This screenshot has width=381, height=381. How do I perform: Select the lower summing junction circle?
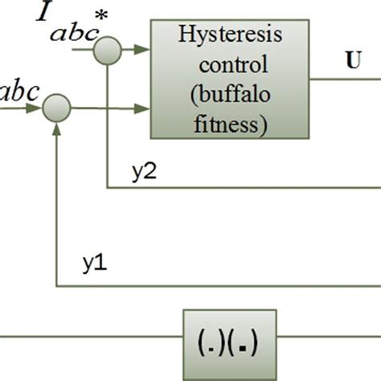tap(56, 105)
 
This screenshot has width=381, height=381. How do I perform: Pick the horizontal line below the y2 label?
tap(241, 188)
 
